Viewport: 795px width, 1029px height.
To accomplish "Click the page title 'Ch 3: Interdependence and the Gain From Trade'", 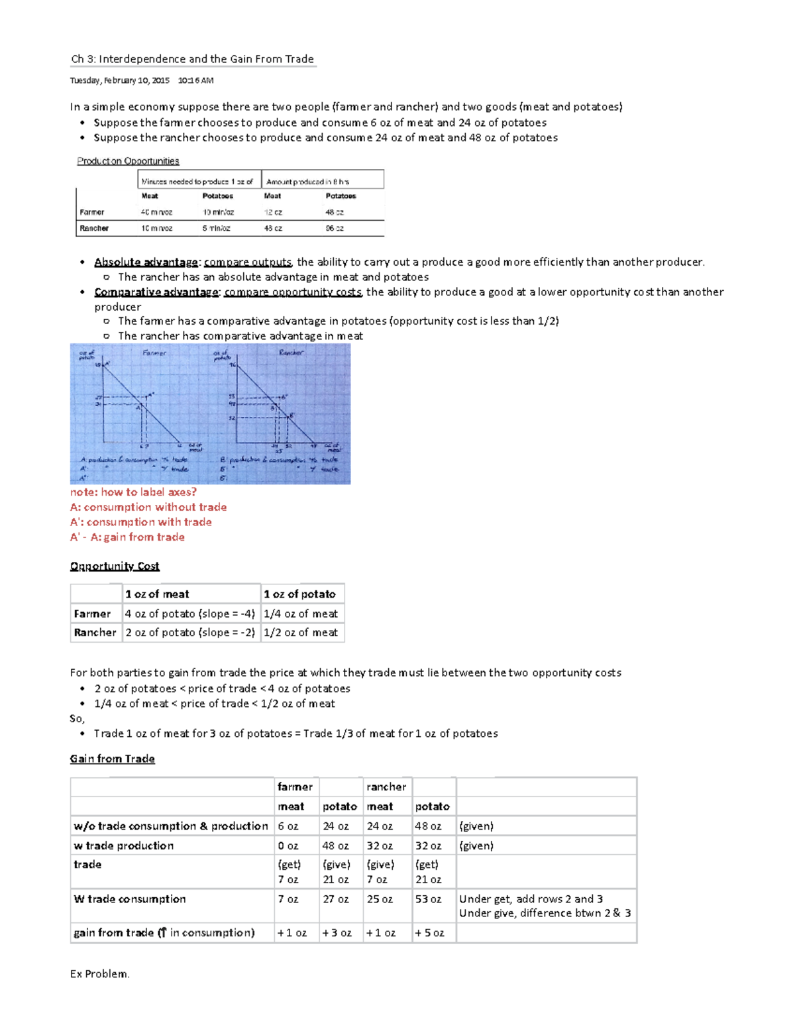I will pos(192,59).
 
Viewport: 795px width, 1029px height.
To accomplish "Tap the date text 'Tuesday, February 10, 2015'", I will pos(120,81).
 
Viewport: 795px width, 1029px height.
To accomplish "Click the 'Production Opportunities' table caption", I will pos(128,161).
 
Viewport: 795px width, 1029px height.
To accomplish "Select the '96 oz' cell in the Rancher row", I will pos(334,229).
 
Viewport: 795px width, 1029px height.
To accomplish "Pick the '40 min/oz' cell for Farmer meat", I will pos(156,213).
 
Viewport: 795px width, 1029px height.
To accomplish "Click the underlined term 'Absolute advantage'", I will pos(146,262).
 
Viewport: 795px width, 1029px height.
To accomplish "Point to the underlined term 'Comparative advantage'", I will pos(156,292).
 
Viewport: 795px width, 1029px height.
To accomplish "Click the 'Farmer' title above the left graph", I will pos(154,353).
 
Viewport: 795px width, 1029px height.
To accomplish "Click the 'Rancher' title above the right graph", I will pos(291,353).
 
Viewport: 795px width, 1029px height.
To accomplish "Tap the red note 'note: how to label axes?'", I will pos(133,492).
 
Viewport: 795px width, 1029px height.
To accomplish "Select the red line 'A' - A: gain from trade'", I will pos(127,537).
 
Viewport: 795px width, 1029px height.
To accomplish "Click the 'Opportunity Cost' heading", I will pos(115,567).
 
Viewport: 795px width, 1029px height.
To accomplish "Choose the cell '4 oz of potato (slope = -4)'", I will pos(190,614).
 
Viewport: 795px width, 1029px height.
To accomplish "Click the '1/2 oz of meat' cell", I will pos(301,633).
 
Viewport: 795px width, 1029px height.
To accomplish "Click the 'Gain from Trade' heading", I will pos(113,759).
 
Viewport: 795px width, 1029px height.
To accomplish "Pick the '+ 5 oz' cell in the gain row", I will pos(429,933).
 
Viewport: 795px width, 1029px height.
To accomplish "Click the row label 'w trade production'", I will pos(124,846).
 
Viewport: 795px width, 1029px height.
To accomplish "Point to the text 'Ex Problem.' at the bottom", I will pos(99,974).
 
